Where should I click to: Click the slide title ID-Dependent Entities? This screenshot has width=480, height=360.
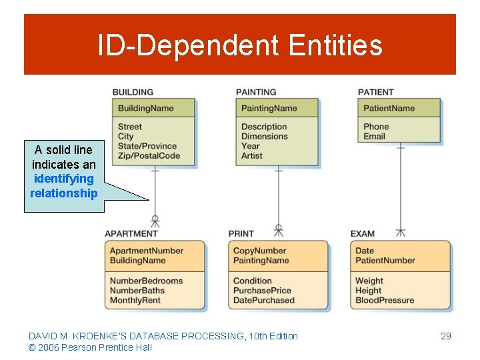pos(240,45)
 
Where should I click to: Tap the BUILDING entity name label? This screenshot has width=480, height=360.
pos(133,92)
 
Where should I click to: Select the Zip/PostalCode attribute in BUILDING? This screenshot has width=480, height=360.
pos(149,155)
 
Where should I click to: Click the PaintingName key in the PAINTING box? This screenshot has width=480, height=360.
pos(269,108)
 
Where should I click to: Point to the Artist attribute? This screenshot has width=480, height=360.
pos(252,155)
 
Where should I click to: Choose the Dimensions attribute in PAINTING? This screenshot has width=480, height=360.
pos(264,136)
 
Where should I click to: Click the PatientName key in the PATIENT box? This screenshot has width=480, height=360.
pos(389,108)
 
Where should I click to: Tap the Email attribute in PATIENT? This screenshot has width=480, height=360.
pos(374,136)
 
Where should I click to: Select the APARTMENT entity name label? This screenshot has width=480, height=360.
pos(131,233)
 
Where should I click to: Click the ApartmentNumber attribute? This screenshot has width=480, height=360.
pos(146,251)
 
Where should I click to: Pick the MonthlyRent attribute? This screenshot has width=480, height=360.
pos(135,300)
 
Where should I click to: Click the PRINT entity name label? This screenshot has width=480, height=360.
pos(241,233)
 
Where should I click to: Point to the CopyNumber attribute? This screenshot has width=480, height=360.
pos(259,251)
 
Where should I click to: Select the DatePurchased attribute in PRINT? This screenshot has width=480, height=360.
pos(263,300)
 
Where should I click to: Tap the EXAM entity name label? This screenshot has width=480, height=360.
pos(363,233)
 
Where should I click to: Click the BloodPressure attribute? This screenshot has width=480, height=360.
pos(384,300)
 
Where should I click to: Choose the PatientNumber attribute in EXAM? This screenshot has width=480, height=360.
pos(385,260)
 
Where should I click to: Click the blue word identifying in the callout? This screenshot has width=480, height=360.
pos(63,179)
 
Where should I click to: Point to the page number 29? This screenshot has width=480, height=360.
pos(446,336)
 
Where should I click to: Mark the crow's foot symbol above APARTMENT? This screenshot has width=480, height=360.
pos(155,221)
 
